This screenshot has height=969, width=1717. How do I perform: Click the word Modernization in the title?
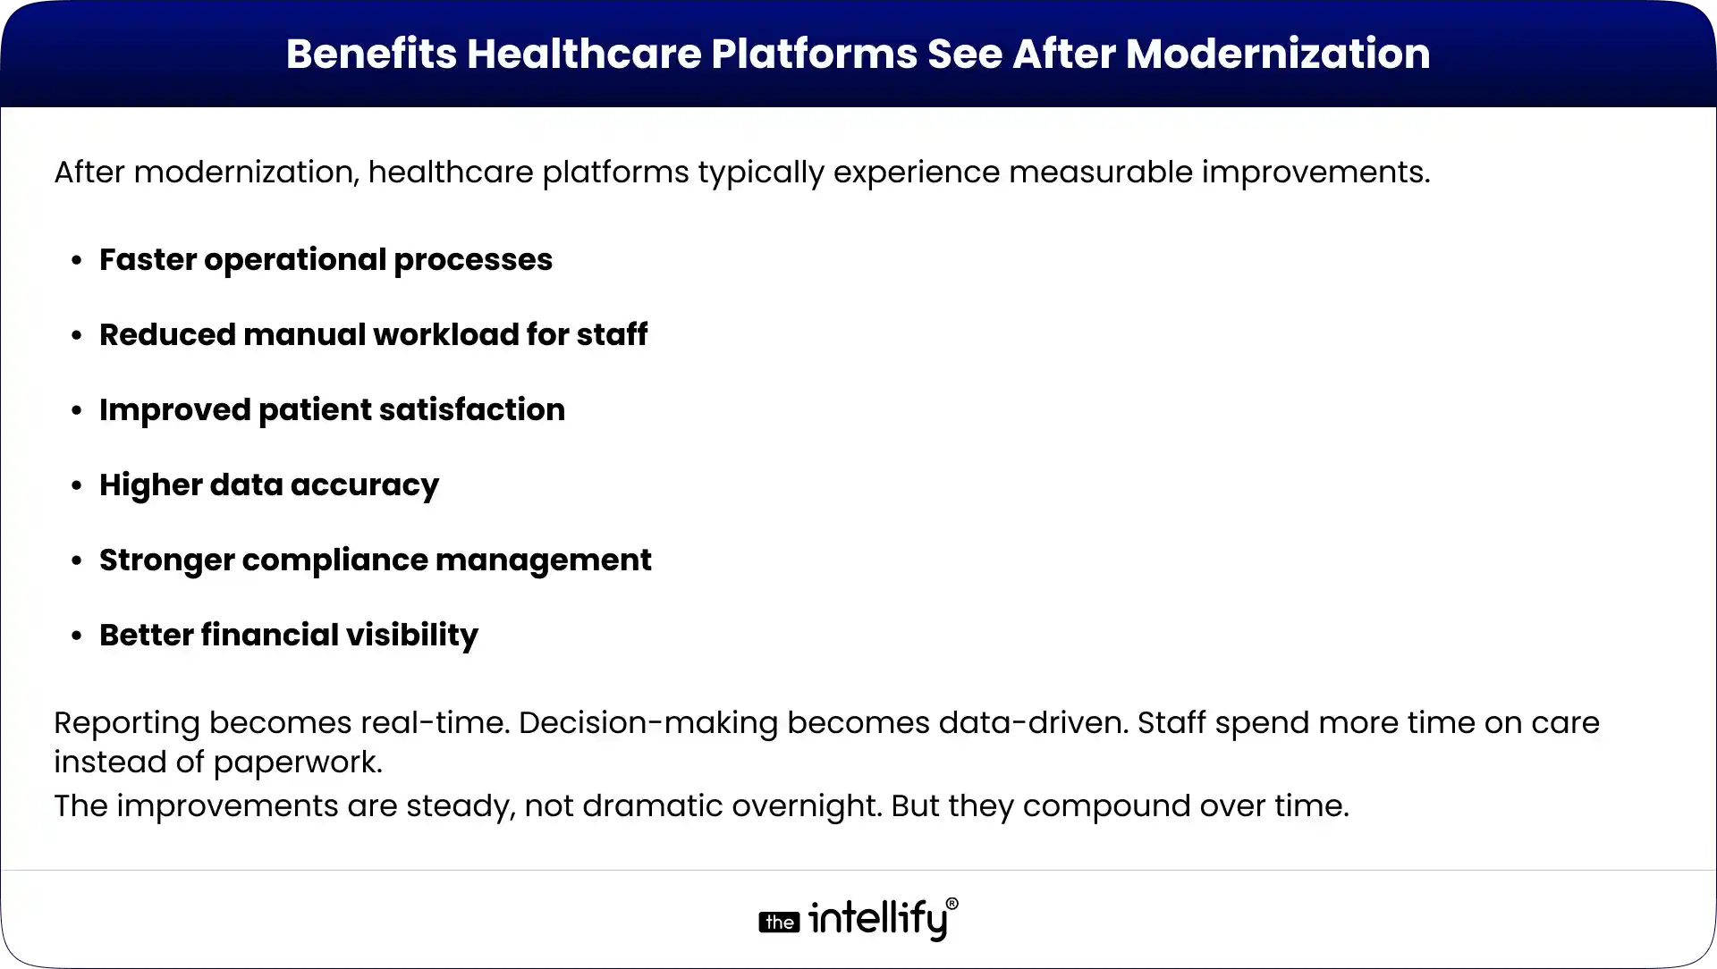click(1278, 54)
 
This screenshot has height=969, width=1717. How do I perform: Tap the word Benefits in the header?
click(371, 54)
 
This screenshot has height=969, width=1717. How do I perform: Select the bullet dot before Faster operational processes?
click(78, 261)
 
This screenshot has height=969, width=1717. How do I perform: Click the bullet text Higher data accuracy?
click(268, 484)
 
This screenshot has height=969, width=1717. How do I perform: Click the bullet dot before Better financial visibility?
click(78, 636)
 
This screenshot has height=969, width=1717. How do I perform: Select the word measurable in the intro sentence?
click(1101, 172)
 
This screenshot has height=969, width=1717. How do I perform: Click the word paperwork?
click(299, 763)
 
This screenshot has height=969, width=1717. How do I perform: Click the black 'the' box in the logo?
click(779, 923)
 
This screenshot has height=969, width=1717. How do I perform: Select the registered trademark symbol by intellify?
click(952, 905)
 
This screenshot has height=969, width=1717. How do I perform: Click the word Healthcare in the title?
click(584, 54)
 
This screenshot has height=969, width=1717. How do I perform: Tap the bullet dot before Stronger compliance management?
click(78, 561)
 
